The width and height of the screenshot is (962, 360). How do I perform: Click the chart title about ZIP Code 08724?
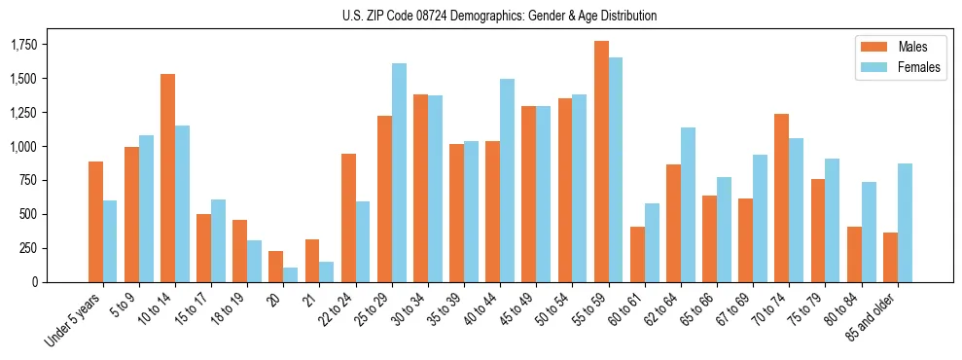click(500, 16)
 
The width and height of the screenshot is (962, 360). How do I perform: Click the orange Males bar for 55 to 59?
click(601, 162)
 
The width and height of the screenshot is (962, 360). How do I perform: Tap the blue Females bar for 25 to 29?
click(399, 173)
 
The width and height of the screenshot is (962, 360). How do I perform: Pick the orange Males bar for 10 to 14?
click(167, 178)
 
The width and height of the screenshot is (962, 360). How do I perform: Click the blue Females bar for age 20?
click(291, 274)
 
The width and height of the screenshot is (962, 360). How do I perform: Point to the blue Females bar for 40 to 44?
click(507, 181)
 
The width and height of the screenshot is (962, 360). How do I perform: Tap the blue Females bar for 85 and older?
click(905, 223)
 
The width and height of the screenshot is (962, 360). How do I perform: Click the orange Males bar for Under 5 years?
click(95, 222)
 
